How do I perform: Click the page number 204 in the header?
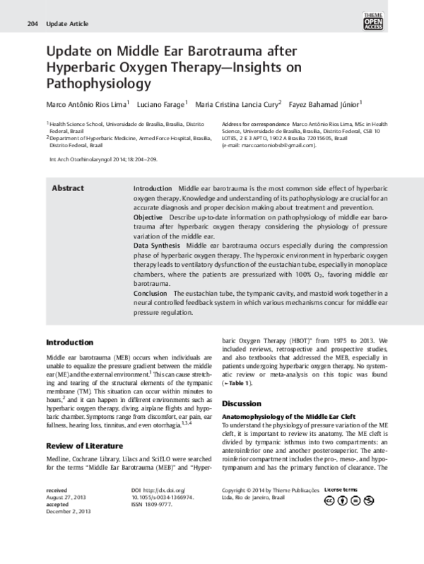click(32, 24)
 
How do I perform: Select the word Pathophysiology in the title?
click(99, 84)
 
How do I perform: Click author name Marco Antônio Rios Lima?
click(86, 104)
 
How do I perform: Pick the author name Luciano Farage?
click(161, 104)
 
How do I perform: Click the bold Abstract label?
click(68, 188)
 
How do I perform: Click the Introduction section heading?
click(69, 342)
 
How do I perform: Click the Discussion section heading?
click(242, 403)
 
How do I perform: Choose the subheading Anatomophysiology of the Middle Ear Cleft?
click(288, 417)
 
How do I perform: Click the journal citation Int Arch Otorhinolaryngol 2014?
click(103, 159)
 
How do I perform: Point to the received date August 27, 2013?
click(64, 517)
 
